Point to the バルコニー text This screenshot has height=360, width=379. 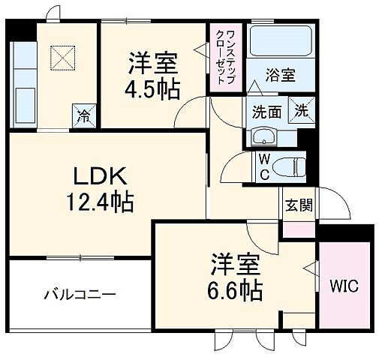click(x=78, y=294)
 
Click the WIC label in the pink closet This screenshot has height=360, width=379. click(x=344, y=286)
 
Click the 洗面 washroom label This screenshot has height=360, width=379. click(x=266, y=113)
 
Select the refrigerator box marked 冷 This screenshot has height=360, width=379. click(x=83, y=117)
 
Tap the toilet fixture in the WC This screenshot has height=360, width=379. click(x=289, y=164)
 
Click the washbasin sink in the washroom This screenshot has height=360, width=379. click(x=263, y=136)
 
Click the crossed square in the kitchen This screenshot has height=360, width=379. click(x=61, y=57)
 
